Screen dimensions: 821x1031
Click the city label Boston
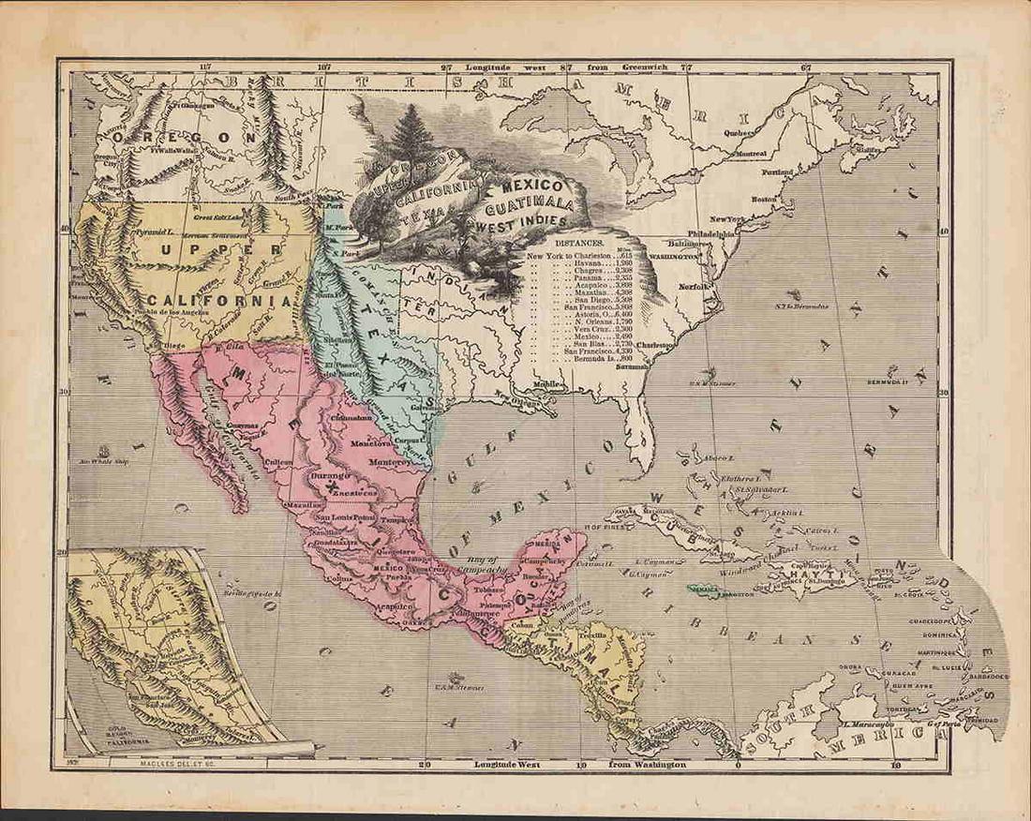(765, 199)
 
